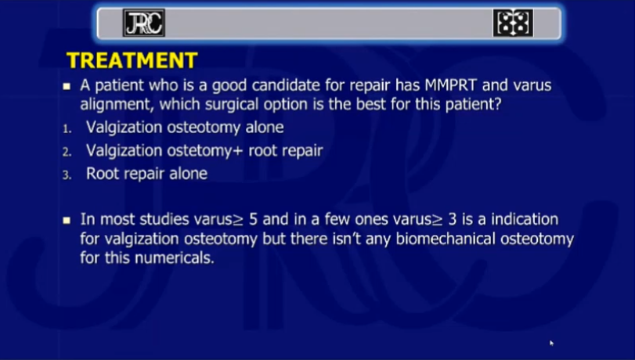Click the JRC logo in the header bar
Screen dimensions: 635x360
[x=144, y=23]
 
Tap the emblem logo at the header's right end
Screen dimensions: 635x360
[x=513, y=23]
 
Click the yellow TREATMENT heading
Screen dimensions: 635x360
[x=132, y=60]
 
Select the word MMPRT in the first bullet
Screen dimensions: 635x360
[x=450, y=85]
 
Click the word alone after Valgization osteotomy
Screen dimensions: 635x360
[x=265, y=127]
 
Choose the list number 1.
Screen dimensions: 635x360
[x=67, y=129]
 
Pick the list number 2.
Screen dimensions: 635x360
[x=67, y=153]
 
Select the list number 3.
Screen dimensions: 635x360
[x=67, y=175]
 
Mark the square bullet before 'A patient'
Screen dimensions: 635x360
[x=67, y=86]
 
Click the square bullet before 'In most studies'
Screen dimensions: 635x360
[x=67, y=220]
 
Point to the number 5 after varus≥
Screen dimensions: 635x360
[x=253, y=219]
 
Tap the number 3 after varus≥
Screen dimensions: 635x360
[x=453, y=219]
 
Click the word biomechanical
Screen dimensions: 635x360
[x=446, y=239]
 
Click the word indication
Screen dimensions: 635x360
[x=525, y=219]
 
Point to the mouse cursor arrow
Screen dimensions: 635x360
[x=551, y=343]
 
